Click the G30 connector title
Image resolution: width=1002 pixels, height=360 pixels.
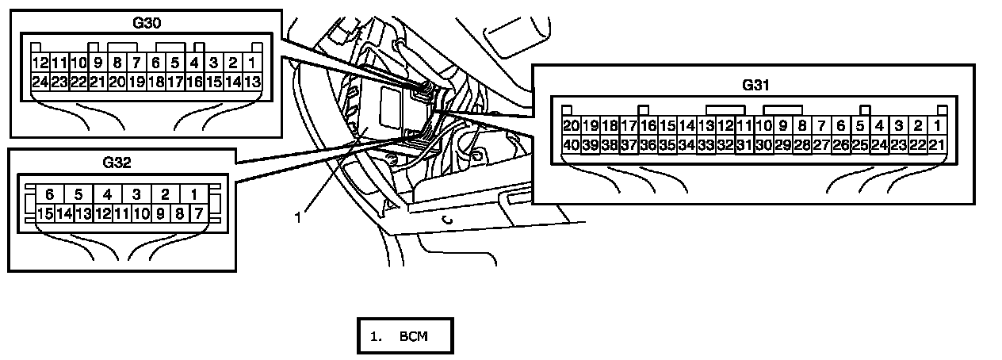coord(147,23)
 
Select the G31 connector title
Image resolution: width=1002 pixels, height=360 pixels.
coord(756,84)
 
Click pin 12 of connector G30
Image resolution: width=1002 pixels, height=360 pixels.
coord(40,63)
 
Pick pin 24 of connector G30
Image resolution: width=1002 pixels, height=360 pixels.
coord(40,81)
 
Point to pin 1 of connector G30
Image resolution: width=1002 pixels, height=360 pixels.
coord(252,63)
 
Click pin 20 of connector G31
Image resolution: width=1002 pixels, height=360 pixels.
coord(571,126)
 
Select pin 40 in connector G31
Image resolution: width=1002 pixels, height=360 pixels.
coord(571,144)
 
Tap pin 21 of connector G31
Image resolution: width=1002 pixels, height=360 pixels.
coord(936,144)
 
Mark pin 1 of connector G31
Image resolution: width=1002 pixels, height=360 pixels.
coord(936,126)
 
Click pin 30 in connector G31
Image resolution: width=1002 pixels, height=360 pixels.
coord(763,144)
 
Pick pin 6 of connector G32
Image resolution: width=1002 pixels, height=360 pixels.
coord(49,194)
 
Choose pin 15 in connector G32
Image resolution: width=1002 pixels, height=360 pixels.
coord(44,213)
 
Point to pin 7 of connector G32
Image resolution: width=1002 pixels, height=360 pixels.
coord(197,213)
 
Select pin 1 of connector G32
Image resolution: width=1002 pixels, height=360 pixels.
coord(193,194)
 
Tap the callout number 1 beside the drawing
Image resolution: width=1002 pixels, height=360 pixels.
coord(298,216)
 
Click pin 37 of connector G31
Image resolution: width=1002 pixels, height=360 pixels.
coord(628,144)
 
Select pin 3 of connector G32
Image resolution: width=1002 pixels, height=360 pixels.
coord(136,194)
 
